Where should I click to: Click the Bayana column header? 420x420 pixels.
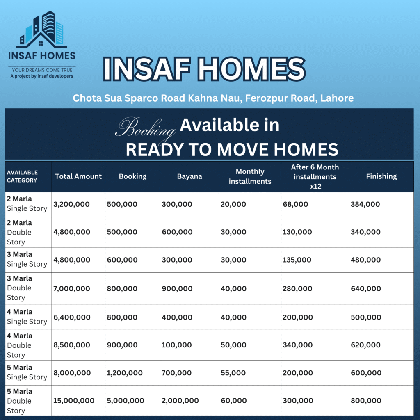189,176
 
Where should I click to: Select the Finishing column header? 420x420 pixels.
381,176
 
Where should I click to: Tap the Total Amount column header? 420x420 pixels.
78,176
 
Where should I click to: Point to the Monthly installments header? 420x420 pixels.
250,176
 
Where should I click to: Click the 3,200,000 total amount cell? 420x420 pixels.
71,204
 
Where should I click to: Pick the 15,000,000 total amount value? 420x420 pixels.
74,401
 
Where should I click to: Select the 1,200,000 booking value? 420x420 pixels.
125,373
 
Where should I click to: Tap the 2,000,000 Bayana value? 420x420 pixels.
180,401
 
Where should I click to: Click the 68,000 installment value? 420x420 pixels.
295,204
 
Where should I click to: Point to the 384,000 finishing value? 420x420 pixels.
365,204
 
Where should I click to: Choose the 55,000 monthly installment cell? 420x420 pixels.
233,373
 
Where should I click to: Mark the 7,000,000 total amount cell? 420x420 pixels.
71,289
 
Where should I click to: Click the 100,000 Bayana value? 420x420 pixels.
176,345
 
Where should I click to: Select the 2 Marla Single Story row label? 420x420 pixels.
27,203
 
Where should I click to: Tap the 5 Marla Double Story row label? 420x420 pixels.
20,401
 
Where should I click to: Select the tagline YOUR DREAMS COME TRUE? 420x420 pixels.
42,70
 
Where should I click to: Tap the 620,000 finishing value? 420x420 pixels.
365,345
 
